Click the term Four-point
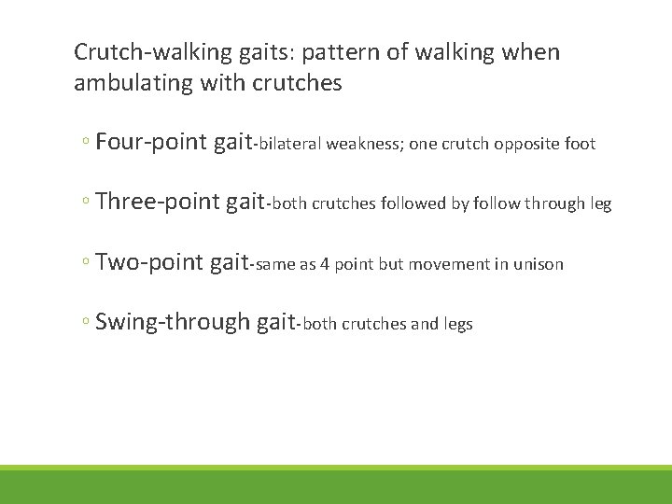(x=151, y=143)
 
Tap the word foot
(x=579, y=145)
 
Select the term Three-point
(x=158, y=203)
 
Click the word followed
(x=413, y=204)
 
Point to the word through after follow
(x=551, y=204)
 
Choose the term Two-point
(x=149, y=263)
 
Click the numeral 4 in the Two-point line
(x=326, y=265)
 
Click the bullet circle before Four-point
(x=85, y=145)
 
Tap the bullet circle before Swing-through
(x=85, y=324)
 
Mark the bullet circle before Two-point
(x=85, y=264)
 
